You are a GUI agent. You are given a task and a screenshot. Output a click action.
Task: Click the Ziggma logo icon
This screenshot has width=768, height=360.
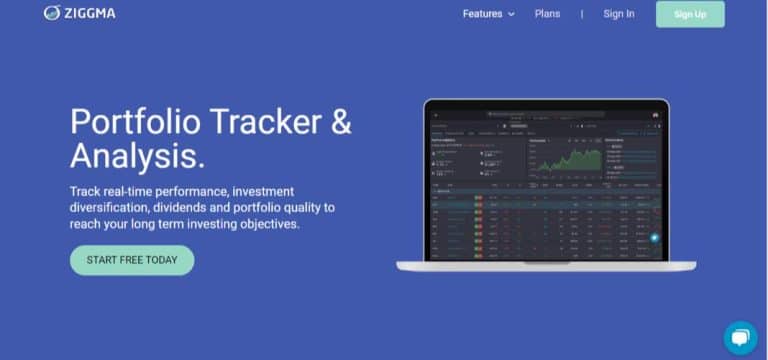point(52,13)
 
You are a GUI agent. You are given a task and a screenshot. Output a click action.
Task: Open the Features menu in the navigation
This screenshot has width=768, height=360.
point(483,14)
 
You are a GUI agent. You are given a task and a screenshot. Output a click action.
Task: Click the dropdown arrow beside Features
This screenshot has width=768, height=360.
point(511,15)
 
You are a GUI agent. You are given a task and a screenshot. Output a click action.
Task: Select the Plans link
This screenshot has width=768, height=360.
point(547,14)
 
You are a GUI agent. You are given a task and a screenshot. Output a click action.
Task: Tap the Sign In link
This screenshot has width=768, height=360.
point(618,14)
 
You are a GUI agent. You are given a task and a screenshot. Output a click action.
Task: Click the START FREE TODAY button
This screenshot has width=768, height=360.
point(131,260)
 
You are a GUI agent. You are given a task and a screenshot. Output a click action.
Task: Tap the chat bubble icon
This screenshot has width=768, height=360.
point(740,337)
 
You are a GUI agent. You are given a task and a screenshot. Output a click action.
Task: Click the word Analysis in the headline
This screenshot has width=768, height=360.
point(135,156)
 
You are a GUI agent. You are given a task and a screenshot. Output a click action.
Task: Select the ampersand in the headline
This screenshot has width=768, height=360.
point(340,122)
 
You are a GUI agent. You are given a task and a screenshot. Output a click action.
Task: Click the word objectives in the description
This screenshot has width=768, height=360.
point(265,224)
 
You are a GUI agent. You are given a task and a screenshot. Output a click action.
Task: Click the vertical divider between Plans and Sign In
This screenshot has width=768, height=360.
point(581,14)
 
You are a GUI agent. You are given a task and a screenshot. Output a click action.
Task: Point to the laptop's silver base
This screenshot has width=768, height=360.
point(545,266)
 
